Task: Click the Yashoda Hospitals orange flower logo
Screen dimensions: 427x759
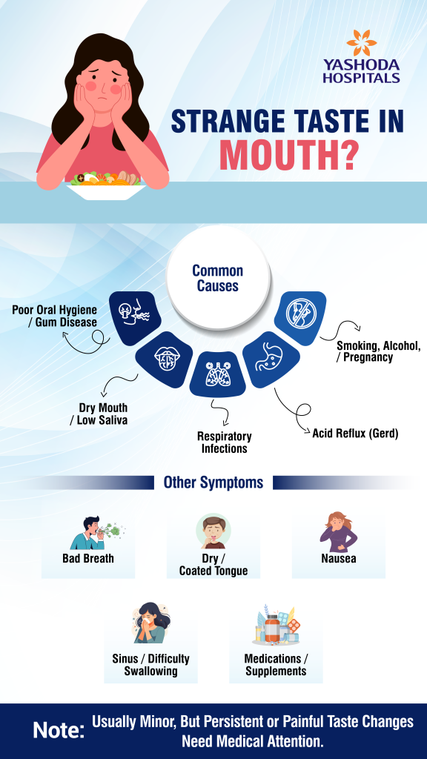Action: click(x=362, y=43)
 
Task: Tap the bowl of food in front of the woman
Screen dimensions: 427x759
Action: click(x=105, y=186)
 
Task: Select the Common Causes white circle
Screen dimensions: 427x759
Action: click(x=217, y=278)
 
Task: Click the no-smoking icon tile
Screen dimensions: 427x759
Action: click(x=300, y=318)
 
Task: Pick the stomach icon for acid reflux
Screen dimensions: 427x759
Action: click(x=271, y=359)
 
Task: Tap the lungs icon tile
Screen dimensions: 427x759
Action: click(x=217, y=374)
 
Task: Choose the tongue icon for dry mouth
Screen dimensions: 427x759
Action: click(x=164, y=359)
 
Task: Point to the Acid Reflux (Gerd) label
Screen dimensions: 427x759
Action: click(x=355, y=433)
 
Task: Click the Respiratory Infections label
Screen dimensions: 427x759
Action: click(x=224, y=443)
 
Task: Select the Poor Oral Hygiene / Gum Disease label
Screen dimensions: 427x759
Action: click(x=55, y=316)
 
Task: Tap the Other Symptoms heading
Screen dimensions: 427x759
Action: click(x=213, y=482)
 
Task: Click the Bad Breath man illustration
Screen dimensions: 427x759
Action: click(x=95, y=533)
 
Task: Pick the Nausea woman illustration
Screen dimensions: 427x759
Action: click(x=338, y=533)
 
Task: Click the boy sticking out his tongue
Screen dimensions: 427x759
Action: click(x=213, y=532)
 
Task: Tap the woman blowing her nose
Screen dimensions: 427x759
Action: click(x=151, y=623)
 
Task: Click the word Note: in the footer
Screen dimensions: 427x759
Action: click(x=59, y=730)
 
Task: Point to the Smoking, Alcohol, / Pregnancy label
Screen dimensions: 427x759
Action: click(x=379, y=352)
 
